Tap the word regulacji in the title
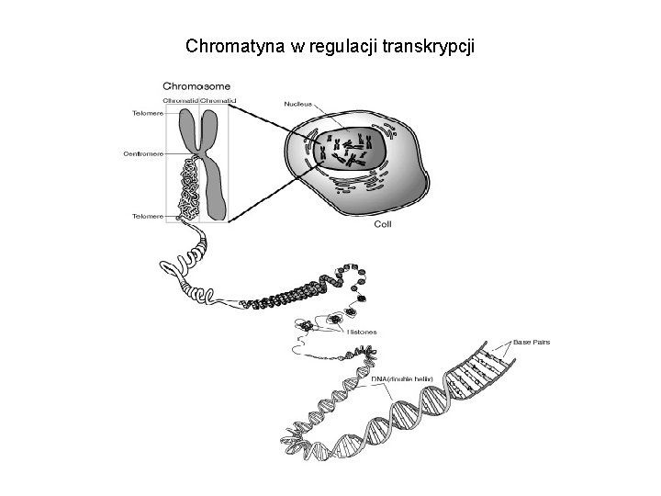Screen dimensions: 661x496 click(x=341, y=45)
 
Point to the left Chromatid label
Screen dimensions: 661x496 click(x=181, y=99)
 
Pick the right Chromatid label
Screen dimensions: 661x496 click(x=219, y=99)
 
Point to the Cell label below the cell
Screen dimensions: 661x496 click(x=385, y=223)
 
